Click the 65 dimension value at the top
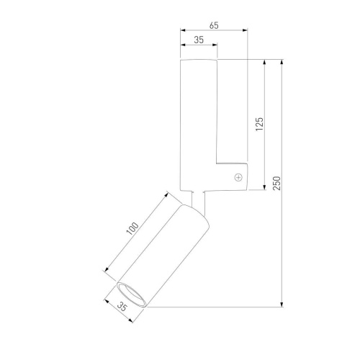[x=214, y=25]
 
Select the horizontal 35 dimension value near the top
[x=199, y=40]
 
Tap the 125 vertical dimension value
[x=259, y=124]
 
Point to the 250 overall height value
[x=276, y=183]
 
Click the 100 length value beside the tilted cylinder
[x=132, y=228]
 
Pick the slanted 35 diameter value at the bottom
[x=122, y=307]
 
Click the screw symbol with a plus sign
[x=238, y=177]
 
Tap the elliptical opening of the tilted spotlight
[x=131, y=294]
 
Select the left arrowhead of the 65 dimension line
[x=183, y=30]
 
